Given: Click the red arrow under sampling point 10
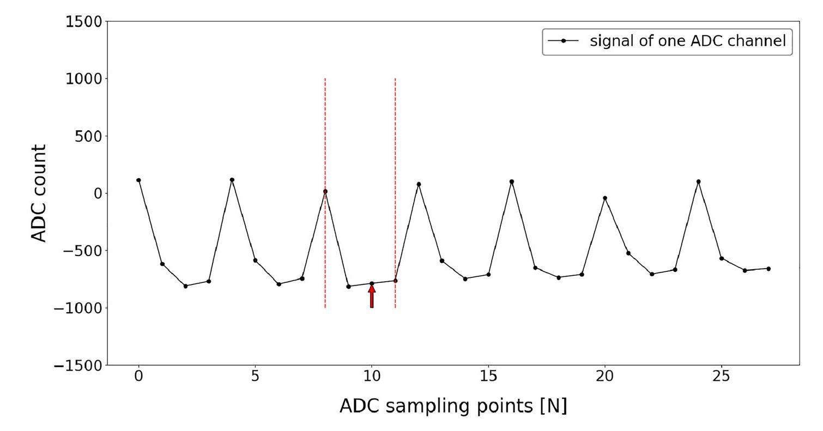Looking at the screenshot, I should (372, 296).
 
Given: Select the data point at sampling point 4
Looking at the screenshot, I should (232, 180).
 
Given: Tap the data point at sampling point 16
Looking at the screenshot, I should (512, 181).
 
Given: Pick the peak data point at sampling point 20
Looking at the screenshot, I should (605, 198).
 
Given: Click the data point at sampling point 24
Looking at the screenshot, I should (698, 181).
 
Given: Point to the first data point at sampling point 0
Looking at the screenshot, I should (138, 180).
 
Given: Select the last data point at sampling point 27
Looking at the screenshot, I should (768, 269).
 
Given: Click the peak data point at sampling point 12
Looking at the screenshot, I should (419, 184).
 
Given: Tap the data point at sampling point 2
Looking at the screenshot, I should (185, 286).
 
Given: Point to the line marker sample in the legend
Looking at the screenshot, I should (563, 41).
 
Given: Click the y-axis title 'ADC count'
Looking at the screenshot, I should (38, 193).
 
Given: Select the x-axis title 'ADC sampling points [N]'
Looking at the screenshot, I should (453, 406).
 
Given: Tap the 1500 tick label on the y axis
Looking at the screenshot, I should (83, 22).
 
